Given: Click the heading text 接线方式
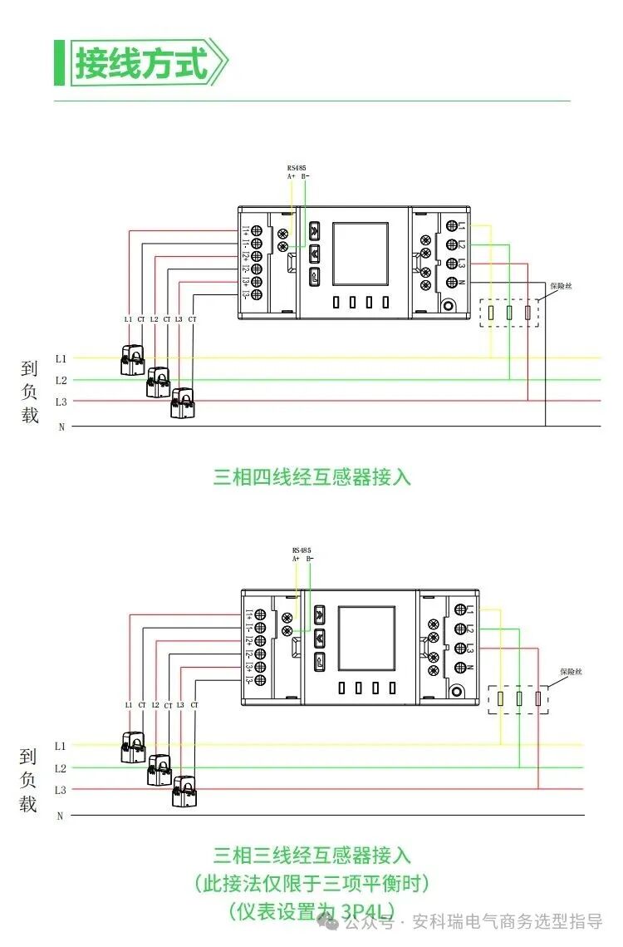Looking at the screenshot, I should click(141, 63).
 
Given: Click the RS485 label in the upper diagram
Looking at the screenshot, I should click(297, 167).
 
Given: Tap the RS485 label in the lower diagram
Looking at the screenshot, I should click(302, 550).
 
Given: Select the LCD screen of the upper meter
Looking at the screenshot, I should click(361, 254).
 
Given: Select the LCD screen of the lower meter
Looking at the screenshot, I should click(365, 638).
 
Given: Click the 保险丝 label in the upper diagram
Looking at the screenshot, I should click(562, 286).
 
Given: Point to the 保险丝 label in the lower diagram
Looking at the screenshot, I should click(571, 671).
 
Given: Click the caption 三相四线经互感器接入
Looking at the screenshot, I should click(311, 477).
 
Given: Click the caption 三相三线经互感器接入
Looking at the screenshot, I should click(311, 855).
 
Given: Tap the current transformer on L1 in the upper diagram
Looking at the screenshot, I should click(131, 360).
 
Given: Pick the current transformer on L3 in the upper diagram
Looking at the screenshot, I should click(182, 403).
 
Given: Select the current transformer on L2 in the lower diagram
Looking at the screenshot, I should click(159, 769).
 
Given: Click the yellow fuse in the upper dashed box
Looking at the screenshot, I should click(491, 313).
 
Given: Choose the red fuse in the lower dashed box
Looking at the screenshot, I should click(538, 699).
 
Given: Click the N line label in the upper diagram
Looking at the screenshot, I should click(61, 427).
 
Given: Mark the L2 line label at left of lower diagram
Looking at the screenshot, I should click(61, 768).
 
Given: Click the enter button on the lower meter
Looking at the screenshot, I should click(320, 661).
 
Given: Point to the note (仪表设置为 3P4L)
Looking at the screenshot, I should click(311, 910).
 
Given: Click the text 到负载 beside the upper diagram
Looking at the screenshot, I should click(31, 392).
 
